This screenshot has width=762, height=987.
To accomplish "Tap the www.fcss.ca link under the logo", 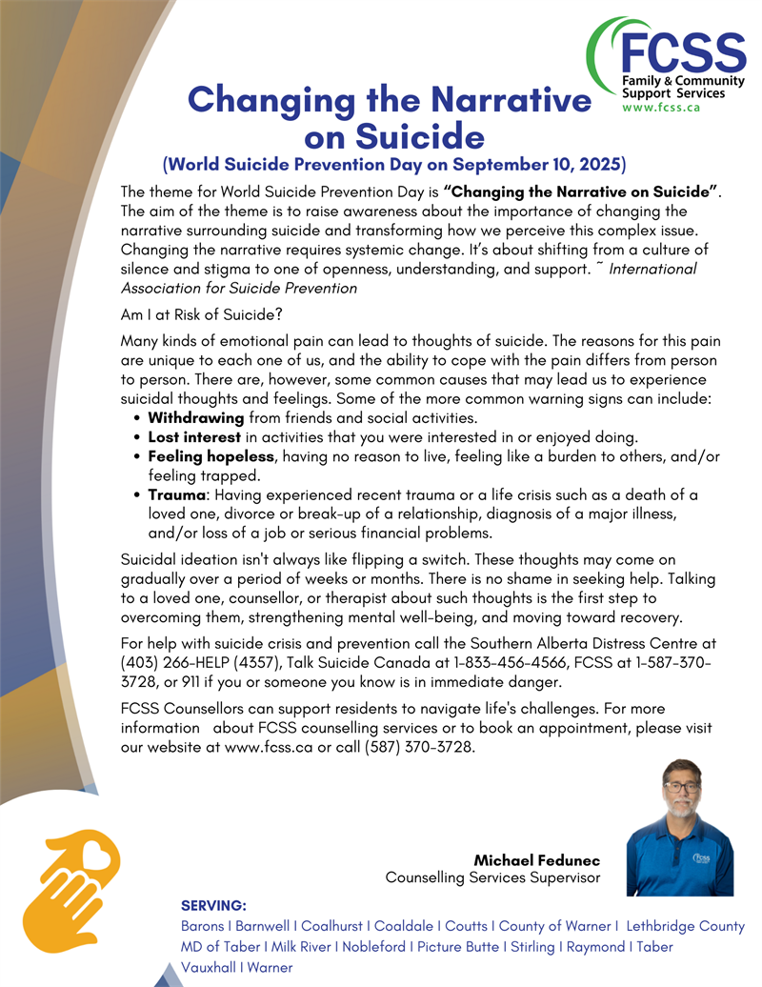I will pos(661,108).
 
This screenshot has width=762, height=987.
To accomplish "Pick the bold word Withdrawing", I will pos(196,418).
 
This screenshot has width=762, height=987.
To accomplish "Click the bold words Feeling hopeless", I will pos(211,456).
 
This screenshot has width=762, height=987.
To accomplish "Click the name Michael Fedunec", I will pos(536,860).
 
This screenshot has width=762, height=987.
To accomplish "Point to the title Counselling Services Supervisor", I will pos(492,877).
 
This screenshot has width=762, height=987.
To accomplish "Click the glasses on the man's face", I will pos(680,787).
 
